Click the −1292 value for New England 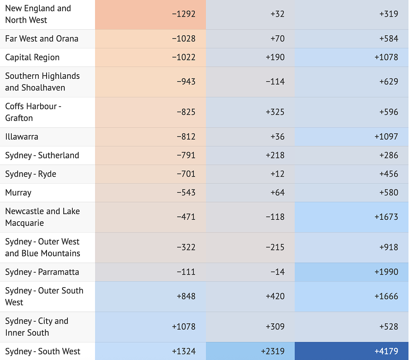tap(184, 14)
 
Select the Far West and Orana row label tap(42, 39)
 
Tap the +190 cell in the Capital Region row tap(275, 57)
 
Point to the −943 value tap(186, 81)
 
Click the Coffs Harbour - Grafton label tap(33, 112)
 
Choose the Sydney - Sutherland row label tap(42, 155)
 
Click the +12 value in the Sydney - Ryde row tap(277, 174)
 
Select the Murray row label tap(18, 193)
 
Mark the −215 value tap(275, 247)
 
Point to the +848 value tap(186, 296)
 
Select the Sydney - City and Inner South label tap(36, 327)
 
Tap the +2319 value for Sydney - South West tap(273, 351)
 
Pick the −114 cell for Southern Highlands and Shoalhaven tap(275, 81)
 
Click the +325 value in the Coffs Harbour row tap(275, 112)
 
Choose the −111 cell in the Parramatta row tap(186, 272)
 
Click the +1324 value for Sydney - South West tap(184, 351)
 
